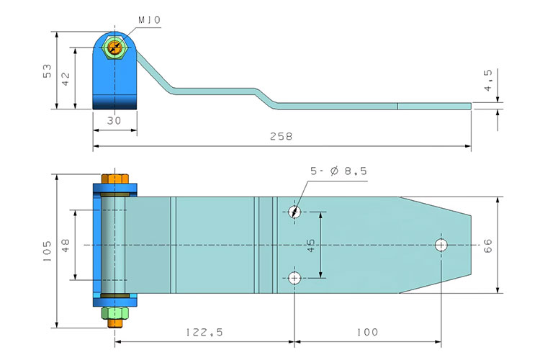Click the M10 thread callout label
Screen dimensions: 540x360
(x=150, y=20)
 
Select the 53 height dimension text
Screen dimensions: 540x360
(x=48, y=71)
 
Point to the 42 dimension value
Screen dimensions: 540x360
(x=66, y=78)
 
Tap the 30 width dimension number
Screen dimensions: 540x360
(x=114, y=120)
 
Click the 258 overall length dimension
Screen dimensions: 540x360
(x=281, y=136)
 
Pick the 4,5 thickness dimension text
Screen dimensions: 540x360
(x=488, y=80)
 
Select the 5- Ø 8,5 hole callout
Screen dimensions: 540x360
(x=338, y=171)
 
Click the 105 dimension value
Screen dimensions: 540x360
(x=48, y=251)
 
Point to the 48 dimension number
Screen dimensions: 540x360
(x=66, y=246)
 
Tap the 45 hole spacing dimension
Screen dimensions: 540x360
(x=310, y=246)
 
